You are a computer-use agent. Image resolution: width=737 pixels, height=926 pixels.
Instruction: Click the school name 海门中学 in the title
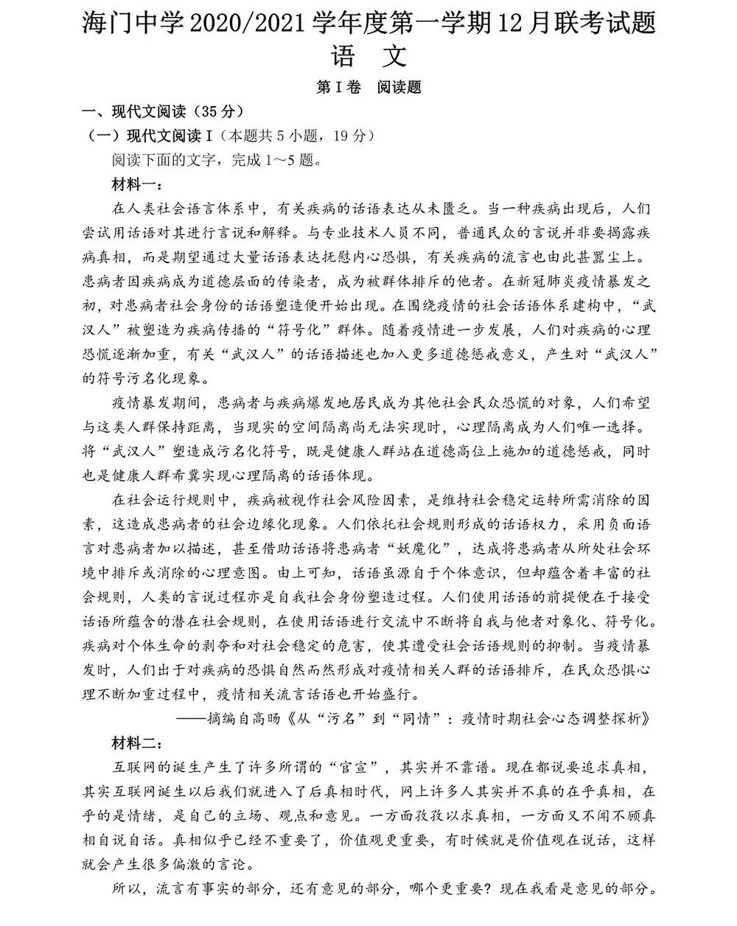[x=131, y=23]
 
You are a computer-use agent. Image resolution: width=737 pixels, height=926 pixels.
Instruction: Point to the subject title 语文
[x=368, y=57]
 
